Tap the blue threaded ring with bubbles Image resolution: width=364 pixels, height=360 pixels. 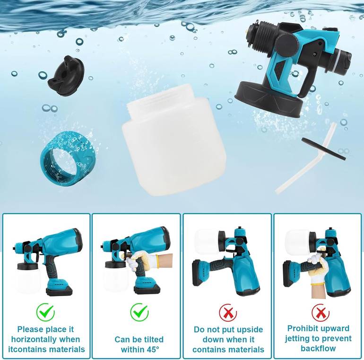[x=67, y=159]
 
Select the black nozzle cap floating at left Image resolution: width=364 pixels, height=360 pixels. [x=66, y=76]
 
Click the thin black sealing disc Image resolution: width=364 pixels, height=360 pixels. [x=324, y=148]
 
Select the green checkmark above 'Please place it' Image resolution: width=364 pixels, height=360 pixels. [x=45, y=312]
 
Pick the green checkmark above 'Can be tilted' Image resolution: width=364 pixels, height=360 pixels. [x=139, y=312]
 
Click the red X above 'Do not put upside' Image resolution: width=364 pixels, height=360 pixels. [x=228, y=312]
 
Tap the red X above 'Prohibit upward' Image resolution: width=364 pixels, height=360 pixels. [x=321, y=312]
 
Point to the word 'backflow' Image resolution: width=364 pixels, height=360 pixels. [x=318, y=348]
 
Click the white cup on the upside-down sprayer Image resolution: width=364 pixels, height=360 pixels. [x=207, y=242]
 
